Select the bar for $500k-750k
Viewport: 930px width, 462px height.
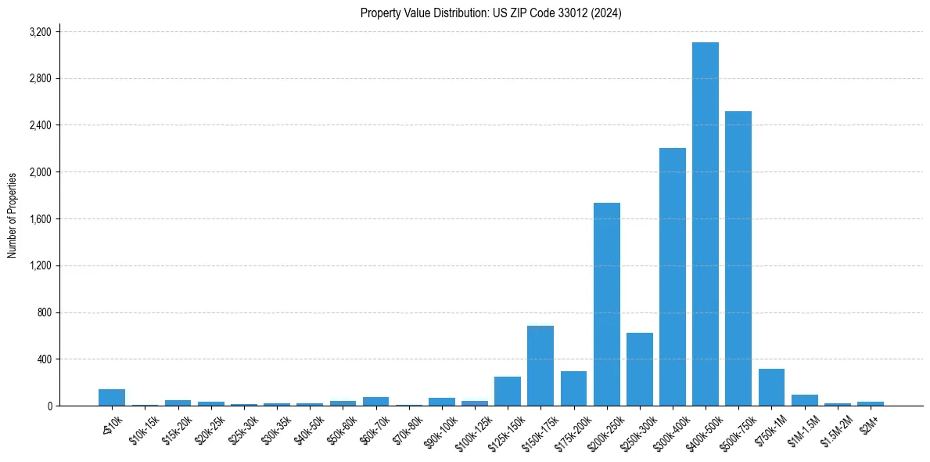click(738, 258)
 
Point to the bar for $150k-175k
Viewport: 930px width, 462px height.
click(540, 366)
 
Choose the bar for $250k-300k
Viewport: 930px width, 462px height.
click(639, 369)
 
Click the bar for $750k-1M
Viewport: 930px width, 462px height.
click(771, 387)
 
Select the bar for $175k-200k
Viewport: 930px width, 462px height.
click(573, 388)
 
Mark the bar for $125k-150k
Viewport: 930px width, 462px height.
click(508, 391)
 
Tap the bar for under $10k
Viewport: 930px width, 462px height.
click(112, 397)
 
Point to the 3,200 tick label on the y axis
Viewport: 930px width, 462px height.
click(40, 32)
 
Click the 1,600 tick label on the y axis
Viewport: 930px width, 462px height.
click(40, 219)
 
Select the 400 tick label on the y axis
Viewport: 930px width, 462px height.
click(45, 359)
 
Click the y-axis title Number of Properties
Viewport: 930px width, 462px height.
click(13, 215)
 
